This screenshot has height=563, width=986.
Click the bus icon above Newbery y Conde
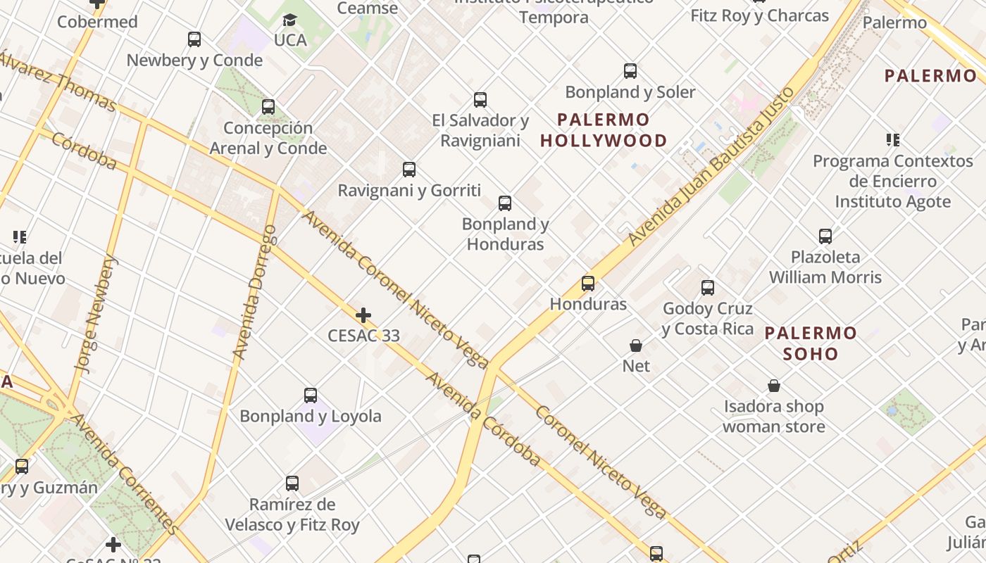[x=194, y=39]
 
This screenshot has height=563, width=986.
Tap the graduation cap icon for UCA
[x=289, y=20]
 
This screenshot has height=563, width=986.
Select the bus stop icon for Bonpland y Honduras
[x=505, y=203]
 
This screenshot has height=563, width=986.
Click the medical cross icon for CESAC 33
[x=363, y=315]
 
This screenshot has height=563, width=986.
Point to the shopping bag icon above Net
[x=636, y=346]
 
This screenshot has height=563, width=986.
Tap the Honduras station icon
[x=588, y=284]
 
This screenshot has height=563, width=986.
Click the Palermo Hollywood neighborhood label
[x=604, y=130]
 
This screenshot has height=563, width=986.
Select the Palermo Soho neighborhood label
[x=811, y=343]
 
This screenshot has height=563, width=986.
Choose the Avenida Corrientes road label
[x=125, y=472]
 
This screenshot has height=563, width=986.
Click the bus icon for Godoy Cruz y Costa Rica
[x=708, y=288]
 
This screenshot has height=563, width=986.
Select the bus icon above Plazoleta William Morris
[x=825, y=236]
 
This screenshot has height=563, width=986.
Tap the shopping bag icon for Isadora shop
[x=774, y=386]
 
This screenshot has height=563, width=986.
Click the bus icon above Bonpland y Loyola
[x=311, y=396]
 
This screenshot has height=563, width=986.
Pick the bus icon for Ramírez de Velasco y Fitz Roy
[x=292, y=483]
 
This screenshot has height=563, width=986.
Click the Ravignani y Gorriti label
[x=409, y=191]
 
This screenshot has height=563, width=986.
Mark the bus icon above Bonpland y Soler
[x=630, y=71]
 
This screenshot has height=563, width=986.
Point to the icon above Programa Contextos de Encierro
[x=893, y=140]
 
